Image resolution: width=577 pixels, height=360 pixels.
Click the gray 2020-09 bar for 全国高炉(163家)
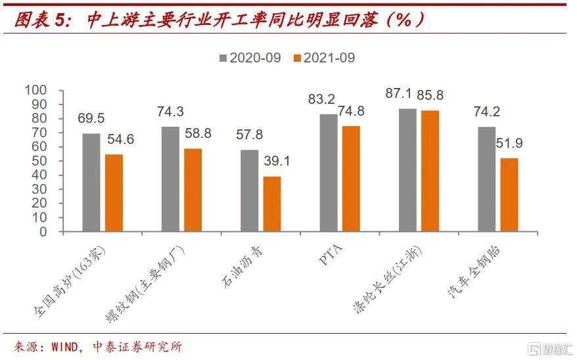click(x=91, y=183)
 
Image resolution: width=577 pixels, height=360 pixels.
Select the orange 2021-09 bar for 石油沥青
click(x=272, y=204)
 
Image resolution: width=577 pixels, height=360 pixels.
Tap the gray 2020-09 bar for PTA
click(x=329, y=173)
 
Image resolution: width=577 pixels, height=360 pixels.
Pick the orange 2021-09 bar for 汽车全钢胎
click(x=509, y=195)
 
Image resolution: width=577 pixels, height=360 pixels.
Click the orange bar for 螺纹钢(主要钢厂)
click(x=193, y=190)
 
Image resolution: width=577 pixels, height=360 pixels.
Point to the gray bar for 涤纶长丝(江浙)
click(x=407, y=170)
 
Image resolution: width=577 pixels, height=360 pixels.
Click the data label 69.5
click(x=91, y=118)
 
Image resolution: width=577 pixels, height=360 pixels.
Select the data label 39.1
click(x=277, y=161)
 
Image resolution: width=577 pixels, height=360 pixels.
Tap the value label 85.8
click(x=430, y=95)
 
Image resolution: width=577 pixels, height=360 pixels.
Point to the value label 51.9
click(x=509, y=143)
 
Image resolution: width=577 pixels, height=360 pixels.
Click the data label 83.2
click(x=321, y=99)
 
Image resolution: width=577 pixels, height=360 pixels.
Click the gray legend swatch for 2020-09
click(x=223, y=58)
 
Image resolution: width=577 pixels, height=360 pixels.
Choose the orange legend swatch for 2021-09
click(x=297, y=58)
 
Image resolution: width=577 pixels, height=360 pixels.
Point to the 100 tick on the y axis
click(x=35, y=90)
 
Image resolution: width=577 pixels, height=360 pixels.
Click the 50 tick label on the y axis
click(x=39, y=161)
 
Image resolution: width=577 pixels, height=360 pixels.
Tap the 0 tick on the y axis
click(x=43, y=232)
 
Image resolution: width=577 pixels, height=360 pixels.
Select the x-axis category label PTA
click(x=331, y=254)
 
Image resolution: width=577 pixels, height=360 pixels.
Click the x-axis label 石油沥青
click(x=242, y=267)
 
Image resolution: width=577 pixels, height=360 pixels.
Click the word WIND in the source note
click(x=65, y=347)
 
